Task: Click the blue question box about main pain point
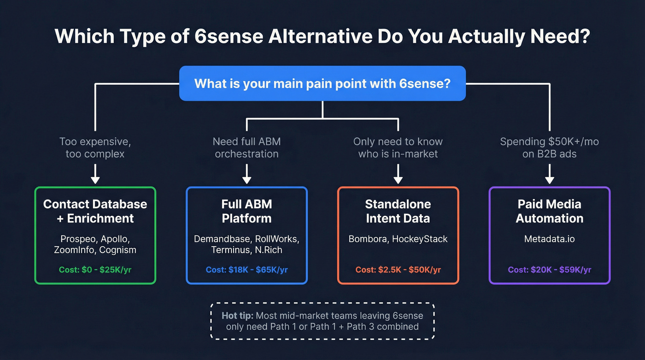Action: coord(322,83)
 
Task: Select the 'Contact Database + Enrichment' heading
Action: coord(95,211)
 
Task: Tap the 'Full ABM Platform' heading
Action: coord(246,211)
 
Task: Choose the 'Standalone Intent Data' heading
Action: coord(398,211)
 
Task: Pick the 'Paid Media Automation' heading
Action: coord(549,211)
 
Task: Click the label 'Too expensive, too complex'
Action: coord(95,148)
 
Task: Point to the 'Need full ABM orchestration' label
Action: coord(246,148)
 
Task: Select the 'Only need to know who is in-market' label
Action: coord(398,148)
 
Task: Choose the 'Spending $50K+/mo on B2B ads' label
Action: coord(549,148)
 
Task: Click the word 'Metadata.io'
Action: coord(549,239)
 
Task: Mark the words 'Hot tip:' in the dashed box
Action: coord(237,316)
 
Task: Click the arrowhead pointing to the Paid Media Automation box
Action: coord(549,179)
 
